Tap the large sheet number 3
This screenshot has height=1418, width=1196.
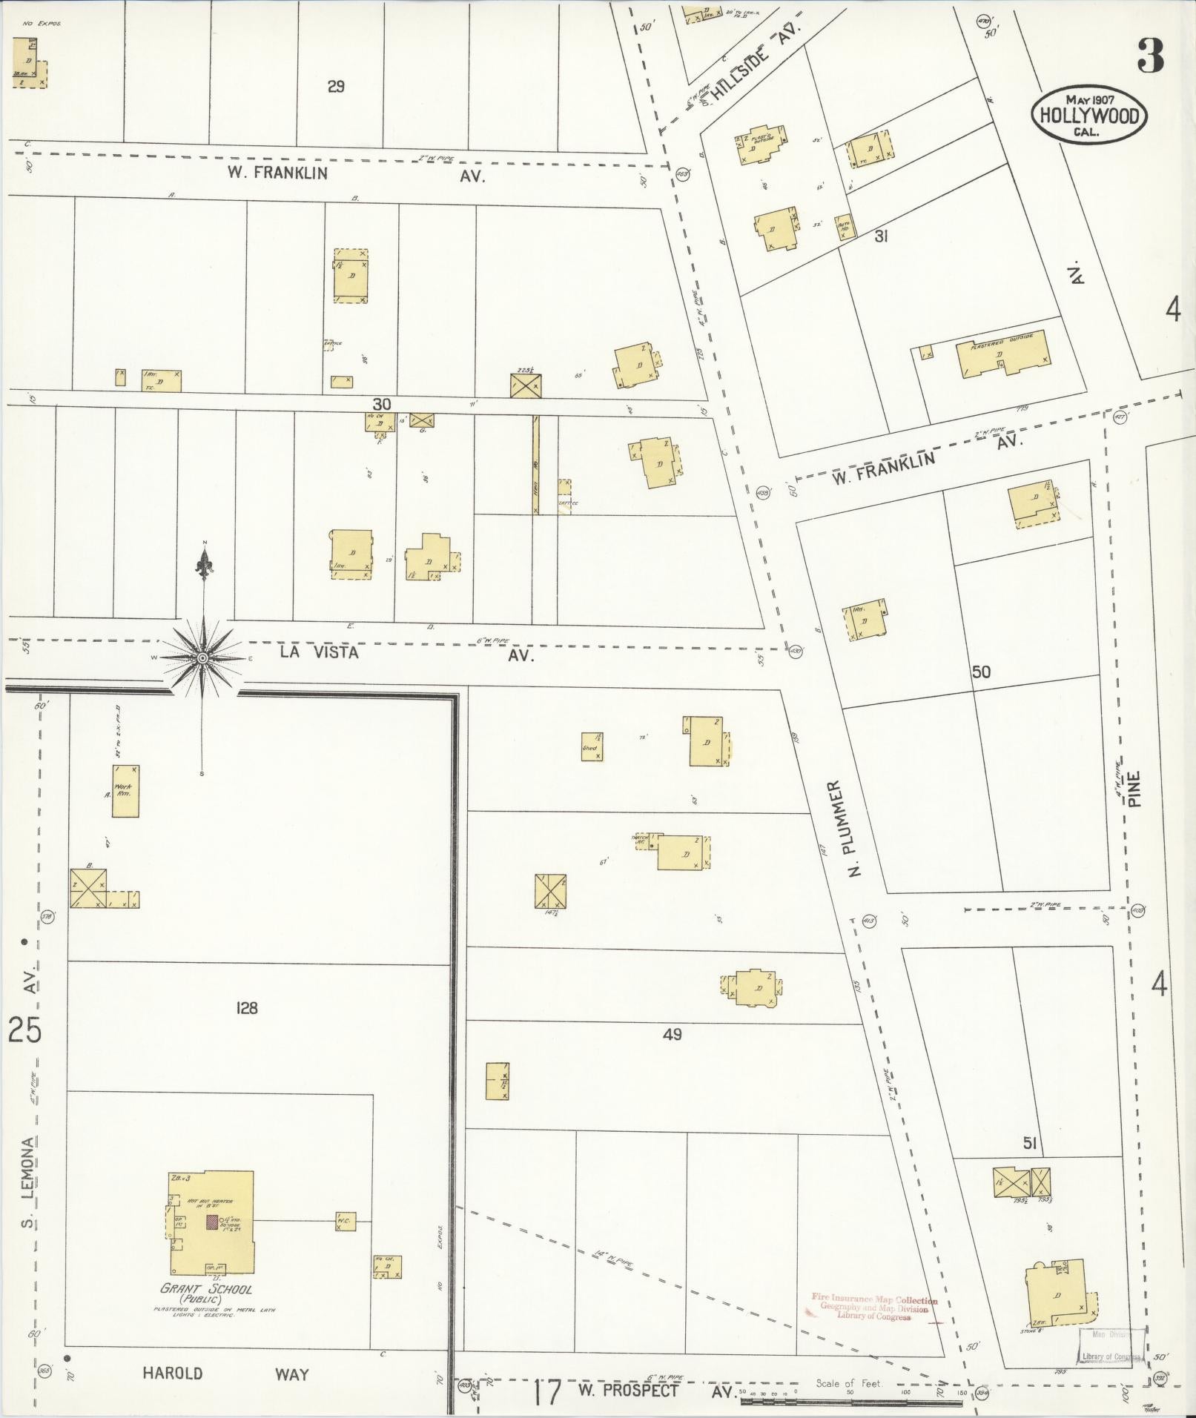(x=1150, y=56)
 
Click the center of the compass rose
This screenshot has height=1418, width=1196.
(x=202, y=658)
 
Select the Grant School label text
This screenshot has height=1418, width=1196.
(x=206, y=1288)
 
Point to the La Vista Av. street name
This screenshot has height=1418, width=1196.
(x=406, y=653)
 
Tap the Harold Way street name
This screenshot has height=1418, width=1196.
(x=225, y=1374)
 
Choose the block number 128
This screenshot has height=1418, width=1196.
(x=246, y=1008)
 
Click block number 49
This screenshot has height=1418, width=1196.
(x=672, y=1034)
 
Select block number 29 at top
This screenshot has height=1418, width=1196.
(x=336, y=87)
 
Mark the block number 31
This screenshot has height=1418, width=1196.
(x=881, y=236)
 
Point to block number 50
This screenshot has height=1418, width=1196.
(x=981, y=672)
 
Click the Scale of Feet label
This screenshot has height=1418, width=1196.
(x=848, y=1383)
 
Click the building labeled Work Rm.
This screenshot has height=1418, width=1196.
(x=125, y=792)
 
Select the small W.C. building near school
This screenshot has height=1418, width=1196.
(x=345, y=1221)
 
